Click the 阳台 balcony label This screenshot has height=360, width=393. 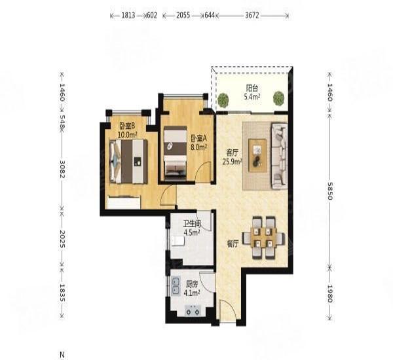tap(252, 88)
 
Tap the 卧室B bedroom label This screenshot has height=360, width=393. tap(126, 126)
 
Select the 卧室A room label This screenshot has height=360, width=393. tap(198, 138)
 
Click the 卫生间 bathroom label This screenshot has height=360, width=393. tap(192, 223)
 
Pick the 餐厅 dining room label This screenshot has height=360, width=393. tap(232, 243)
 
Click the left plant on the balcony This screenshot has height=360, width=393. tap(224, 99)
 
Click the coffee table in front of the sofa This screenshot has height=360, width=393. tap(258, 154)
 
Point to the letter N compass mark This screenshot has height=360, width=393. tap(62, 353)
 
